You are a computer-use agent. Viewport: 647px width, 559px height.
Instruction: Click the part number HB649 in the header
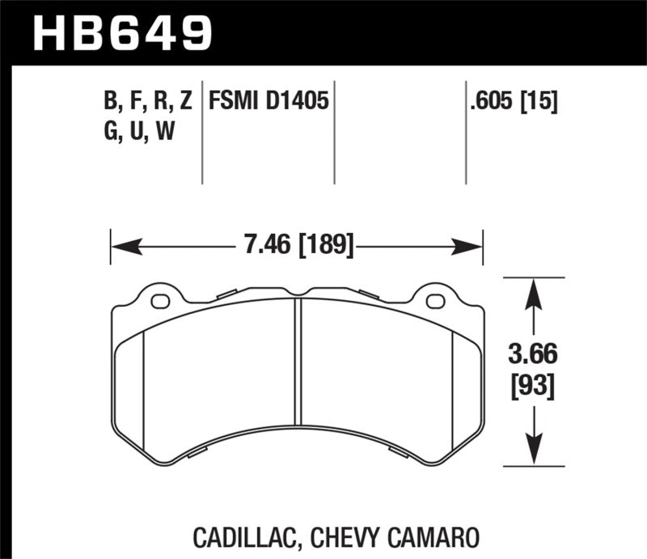(121, 33)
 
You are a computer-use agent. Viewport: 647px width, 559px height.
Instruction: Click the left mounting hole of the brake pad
(160, 303)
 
